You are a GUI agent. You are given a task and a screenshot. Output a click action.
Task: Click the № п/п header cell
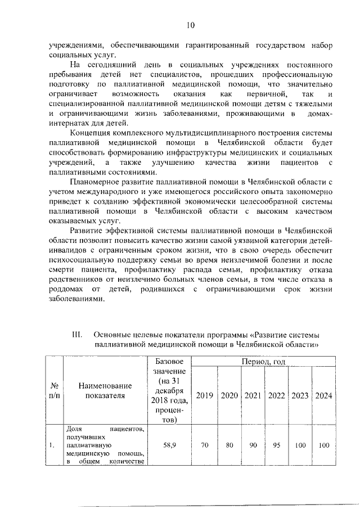55,390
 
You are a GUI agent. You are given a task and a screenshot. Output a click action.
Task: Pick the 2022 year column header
276,395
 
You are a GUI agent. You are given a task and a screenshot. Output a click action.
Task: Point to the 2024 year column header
323,395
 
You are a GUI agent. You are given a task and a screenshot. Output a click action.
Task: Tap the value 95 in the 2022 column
276,445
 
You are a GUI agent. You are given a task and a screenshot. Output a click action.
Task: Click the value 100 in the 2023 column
300,445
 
